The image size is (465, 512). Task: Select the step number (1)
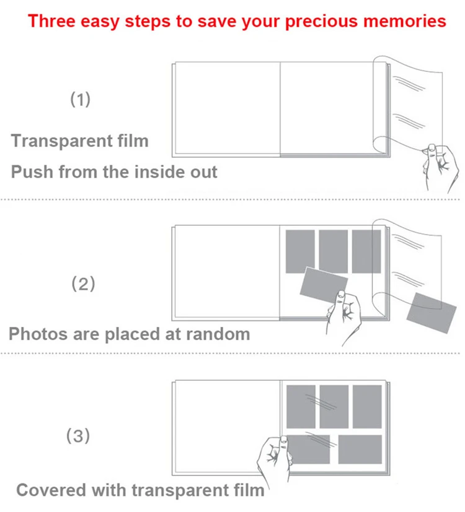[x=79, y=99]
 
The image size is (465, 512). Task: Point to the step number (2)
[x=84, y=284]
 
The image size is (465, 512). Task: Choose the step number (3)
[x=78, y=436]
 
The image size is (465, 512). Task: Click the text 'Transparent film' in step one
[x=80, y=141]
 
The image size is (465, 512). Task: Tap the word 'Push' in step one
[x=32, y=171]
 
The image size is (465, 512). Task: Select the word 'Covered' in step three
[x=52, y=490]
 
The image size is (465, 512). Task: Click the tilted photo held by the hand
[x=323, y=283]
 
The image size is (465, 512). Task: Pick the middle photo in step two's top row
[x=333, y=251]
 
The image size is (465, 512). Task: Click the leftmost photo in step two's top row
[x=300, y=251]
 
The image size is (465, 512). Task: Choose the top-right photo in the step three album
[x=366, y=407]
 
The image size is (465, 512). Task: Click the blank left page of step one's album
[x=226, y=108]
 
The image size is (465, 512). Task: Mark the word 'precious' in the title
[x=324, y=21]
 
